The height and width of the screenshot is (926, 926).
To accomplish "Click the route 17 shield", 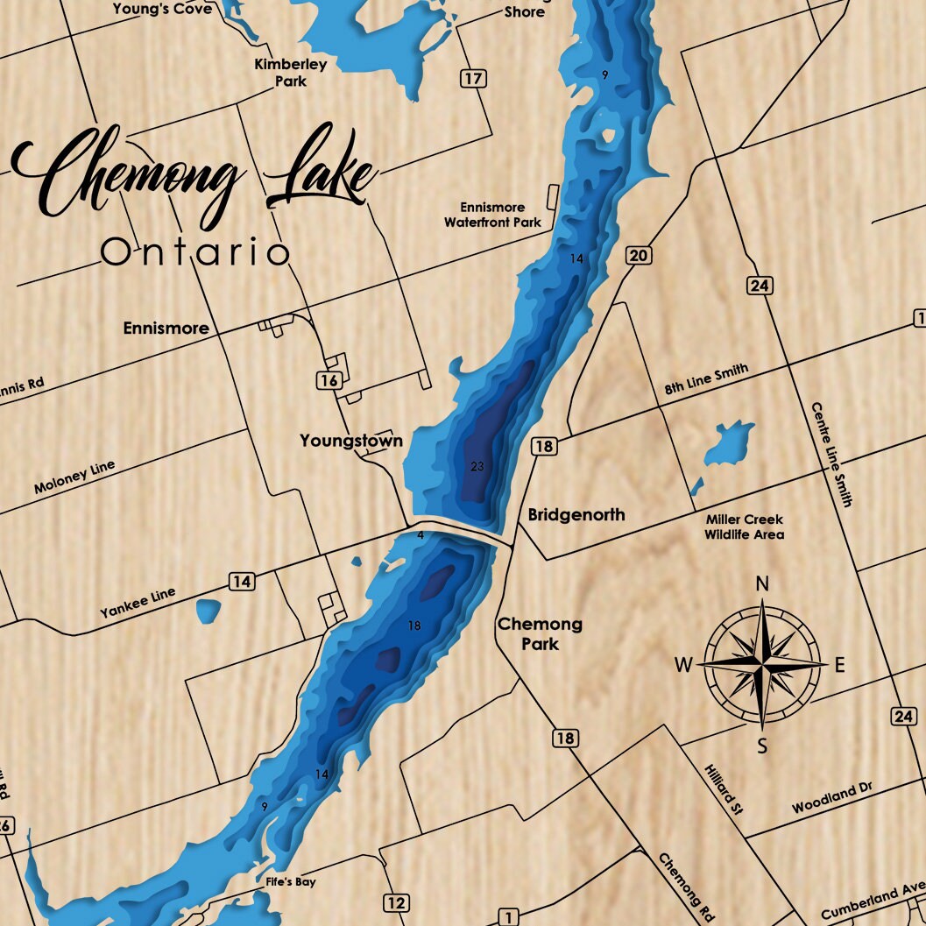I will [473, 79].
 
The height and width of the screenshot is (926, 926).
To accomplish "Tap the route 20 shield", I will [639, 255].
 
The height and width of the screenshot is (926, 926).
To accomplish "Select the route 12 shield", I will [396, 902].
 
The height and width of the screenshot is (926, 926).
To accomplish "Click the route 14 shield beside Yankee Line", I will [243, 581].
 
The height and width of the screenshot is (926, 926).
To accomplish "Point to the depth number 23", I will [477, 465].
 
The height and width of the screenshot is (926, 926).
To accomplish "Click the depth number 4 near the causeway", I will [421, 534].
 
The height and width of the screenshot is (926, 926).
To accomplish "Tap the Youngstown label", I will [351, 440].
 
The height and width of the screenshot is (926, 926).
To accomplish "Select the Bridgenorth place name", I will [576, 514].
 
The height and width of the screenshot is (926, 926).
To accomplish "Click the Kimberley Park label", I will [279, 73].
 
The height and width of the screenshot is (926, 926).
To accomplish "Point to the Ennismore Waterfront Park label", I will [492, 216].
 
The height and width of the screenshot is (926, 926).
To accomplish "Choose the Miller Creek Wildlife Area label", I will [745, 527].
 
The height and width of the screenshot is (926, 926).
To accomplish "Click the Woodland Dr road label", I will [832, 798].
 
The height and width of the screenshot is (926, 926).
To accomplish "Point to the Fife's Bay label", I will [291, 881].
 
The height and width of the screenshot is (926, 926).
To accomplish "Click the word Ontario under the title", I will [194, 252].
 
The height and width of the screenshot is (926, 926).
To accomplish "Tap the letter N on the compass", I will [762, 583].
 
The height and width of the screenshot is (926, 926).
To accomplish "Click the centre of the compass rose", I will [763, 665].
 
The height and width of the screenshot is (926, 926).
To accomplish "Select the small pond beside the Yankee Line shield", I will [208, 611].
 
